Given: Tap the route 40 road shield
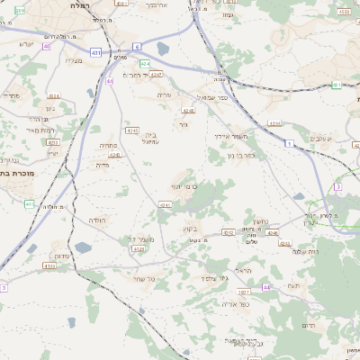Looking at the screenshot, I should (46, 45).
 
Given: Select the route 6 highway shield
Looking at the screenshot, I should (137, 46).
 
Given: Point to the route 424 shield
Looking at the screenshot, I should (144, 63).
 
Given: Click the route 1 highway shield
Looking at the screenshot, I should (289, 143).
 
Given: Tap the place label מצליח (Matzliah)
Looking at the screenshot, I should (74, 60).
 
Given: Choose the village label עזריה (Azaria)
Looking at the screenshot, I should (164, 94).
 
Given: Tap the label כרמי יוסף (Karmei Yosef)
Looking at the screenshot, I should (184, 184).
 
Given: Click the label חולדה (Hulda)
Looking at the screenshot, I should (96, 220).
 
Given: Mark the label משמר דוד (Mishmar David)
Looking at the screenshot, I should (144, 238).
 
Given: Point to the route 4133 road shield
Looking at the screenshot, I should (49, 265).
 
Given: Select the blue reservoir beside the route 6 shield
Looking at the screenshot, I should (163, 49).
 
